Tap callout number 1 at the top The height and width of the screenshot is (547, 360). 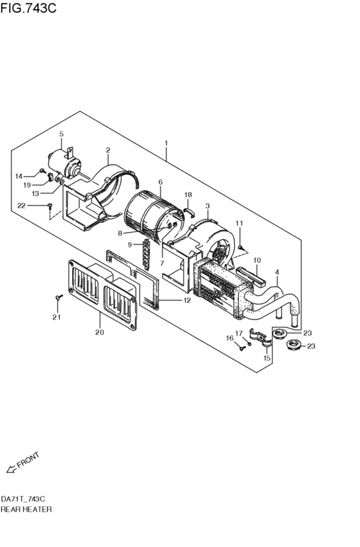(166, 142)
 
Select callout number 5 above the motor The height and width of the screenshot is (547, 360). (62, 134)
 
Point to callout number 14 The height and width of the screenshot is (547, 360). (19, 176)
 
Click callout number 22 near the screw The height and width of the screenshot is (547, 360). (21, 206)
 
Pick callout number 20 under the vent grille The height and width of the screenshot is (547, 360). (99, 332)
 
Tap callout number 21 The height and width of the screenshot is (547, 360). (56, 317)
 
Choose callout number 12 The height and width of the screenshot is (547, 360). (186, 301)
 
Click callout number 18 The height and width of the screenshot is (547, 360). (188, 194)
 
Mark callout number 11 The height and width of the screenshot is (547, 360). (239, 223)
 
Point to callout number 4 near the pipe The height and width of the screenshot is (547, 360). (277, 272)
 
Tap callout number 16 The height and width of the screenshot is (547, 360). (229, 338)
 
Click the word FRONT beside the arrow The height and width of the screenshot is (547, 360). (28, 460)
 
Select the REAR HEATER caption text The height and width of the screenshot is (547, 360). (26, 509)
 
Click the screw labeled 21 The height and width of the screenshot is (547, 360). (59, 298)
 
